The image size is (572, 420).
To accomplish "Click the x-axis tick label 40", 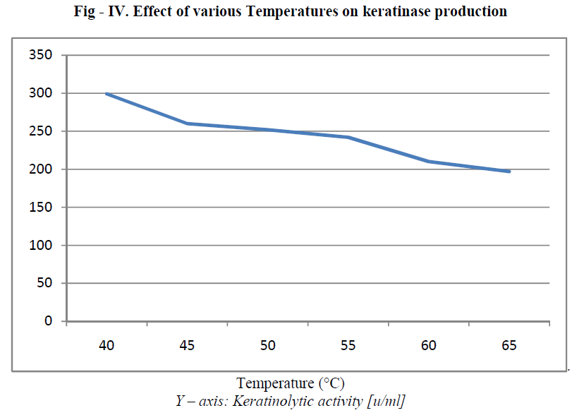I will [x=107, y=345].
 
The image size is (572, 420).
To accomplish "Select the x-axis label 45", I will [x=187, y=345].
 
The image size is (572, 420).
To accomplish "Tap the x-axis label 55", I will [x=348, y=345].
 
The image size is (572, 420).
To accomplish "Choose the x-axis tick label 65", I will [x=509, y=345].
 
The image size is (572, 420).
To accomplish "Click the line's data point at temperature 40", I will [x=107, y=93].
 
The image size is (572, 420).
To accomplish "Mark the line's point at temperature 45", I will [x=187, y=124].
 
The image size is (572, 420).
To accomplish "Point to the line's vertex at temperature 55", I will [x=348, y=137].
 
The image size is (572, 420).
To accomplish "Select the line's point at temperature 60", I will [x=428, y=162].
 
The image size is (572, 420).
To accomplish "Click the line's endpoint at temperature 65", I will [x=509, y=172].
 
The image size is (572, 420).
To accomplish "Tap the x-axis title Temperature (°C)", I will [x=290, y=384].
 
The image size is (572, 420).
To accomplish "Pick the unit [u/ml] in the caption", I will [x=384, y=402].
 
